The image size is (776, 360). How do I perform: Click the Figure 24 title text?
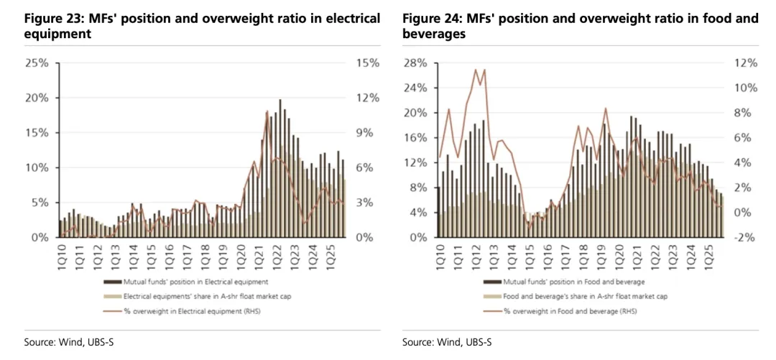(580, 26)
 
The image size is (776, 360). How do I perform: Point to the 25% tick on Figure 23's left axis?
(37, 63)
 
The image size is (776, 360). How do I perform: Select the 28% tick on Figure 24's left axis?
(416, 63)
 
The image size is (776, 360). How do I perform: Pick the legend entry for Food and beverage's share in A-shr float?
(575, 296)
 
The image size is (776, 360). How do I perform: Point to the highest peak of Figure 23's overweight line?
(267, 111)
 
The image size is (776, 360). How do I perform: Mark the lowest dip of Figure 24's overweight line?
(530, 228)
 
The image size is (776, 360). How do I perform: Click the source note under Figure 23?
(60, 341)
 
